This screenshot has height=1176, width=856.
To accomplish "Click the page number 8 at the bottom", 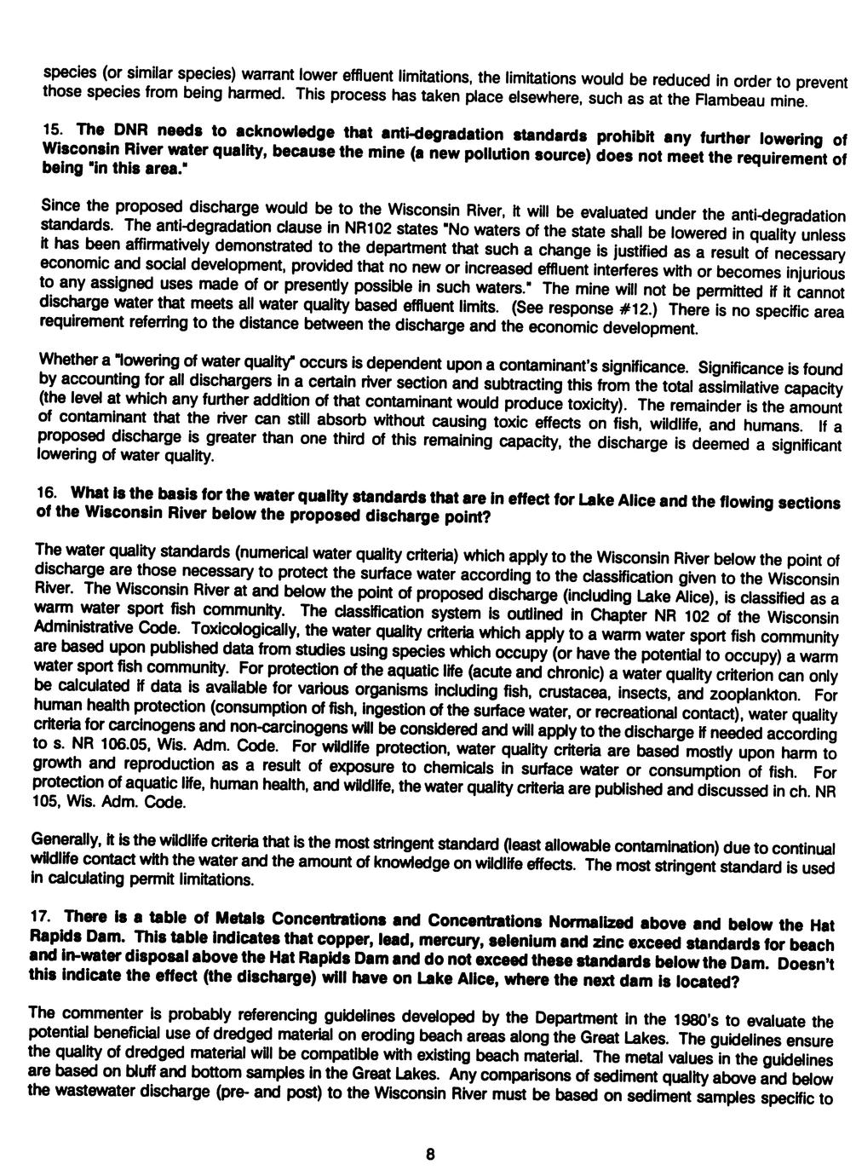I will [430, 1155].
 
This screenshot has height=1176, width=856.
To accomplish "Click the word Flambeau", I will [725, 101].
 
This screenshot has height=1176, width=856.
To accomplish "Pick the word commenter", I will [95, 1012].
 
